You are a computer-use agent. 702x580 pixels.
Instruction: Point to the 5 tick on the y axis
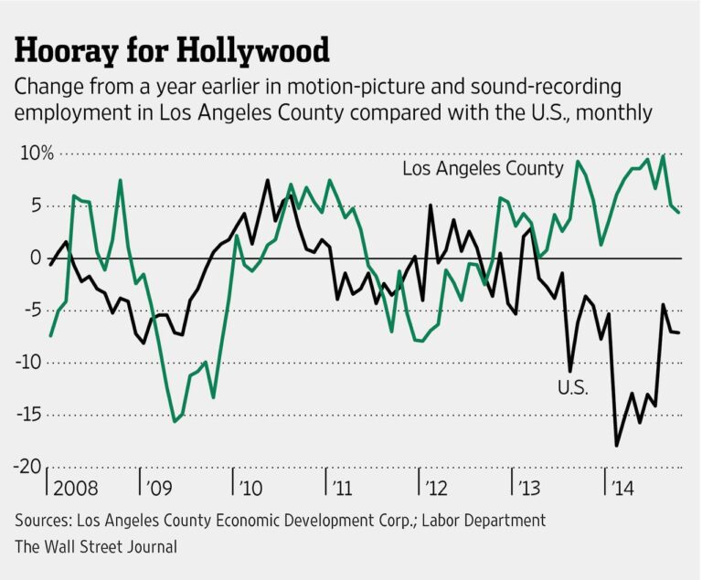pyautogui.click(x=34, y=206)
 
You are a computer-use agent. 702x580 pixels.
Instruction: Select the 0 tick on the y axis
pyautogui.click(x=34, y=258)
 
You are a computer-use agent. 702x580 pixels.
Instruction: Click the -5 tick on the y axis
pyautogui.click(x=30, y=310)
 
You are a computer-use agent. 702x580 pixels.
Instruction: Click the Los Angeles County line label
pyautogui.click(x=483, y=169)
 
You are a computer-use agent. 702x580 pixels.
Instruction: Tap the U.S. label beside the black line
pyautogui.click(x=573, y=387)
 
